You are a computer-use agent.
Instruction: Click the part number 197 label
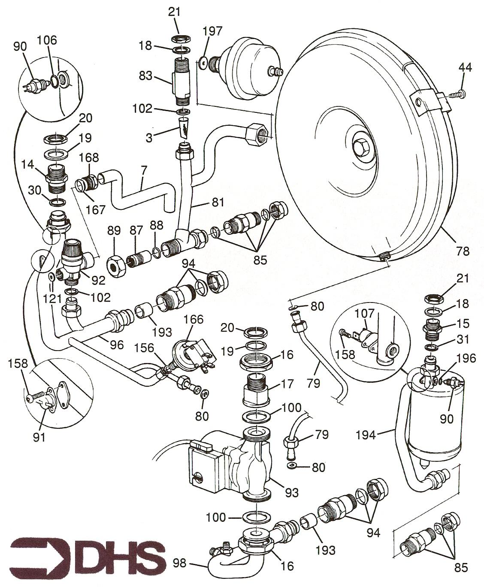click(x=213, y=31)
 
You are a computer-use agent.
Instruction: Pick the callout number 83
click(x=146, y=76)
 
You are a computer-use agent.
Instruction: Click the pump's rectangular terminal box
click(x=202, y=468)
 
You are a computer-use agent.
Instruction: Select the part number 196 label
click(x=466, y=358)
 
